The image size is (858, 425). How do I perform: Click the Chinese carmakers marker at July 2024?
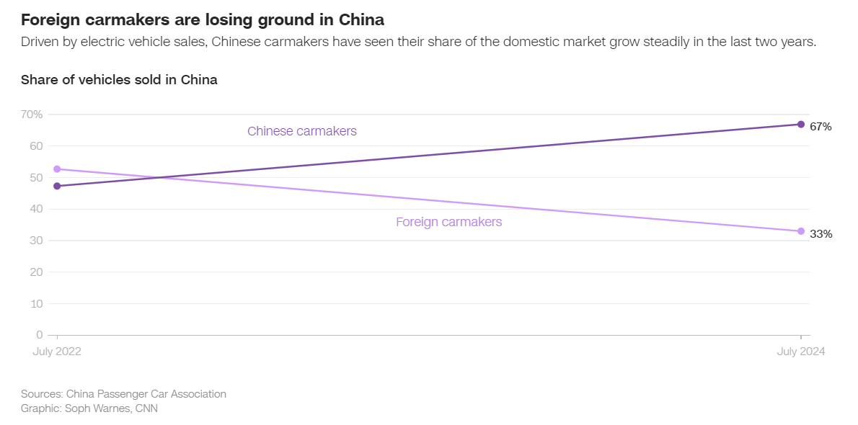[x=801, y=124]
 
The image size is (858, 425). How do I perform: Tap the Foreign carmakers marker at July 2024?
[x=801, y=231]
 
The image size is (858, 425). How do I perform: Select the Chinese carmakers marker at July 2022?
[x=57, y=186]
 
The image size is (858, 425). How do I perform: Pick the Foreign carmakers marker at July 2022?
[x=57, y=169]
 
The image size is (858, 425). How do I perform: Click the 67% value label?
[x=821, y=127]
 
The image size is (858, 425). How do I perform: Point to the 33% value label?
[x=821, y=234]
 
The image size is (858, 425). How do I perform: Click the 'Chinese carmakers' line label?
[x=302, y=131]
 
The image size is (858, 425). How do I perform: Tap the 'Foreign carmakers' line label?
[x=448, y=222]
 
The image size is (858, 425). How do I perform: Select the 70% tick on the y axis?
[x=32, y=115]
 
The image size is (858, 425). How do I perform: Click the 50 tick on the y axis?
[x=35, y=177]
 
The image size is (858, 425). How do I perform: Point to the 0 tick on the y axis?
[x=40, y=335]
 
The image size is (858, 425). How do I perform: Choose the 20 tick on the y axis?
[x=35, y=272]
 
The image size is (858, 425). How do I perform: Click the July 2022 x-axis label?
[x=57, y=352]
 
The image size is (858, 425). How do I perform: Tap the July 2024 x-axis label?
[x=801, y=352]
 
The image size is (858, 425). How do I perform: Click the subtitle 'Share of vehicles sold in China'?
[x=119, y=80]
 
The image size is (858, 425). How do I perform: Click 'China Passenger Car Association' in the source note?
[x=146, y=394]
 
